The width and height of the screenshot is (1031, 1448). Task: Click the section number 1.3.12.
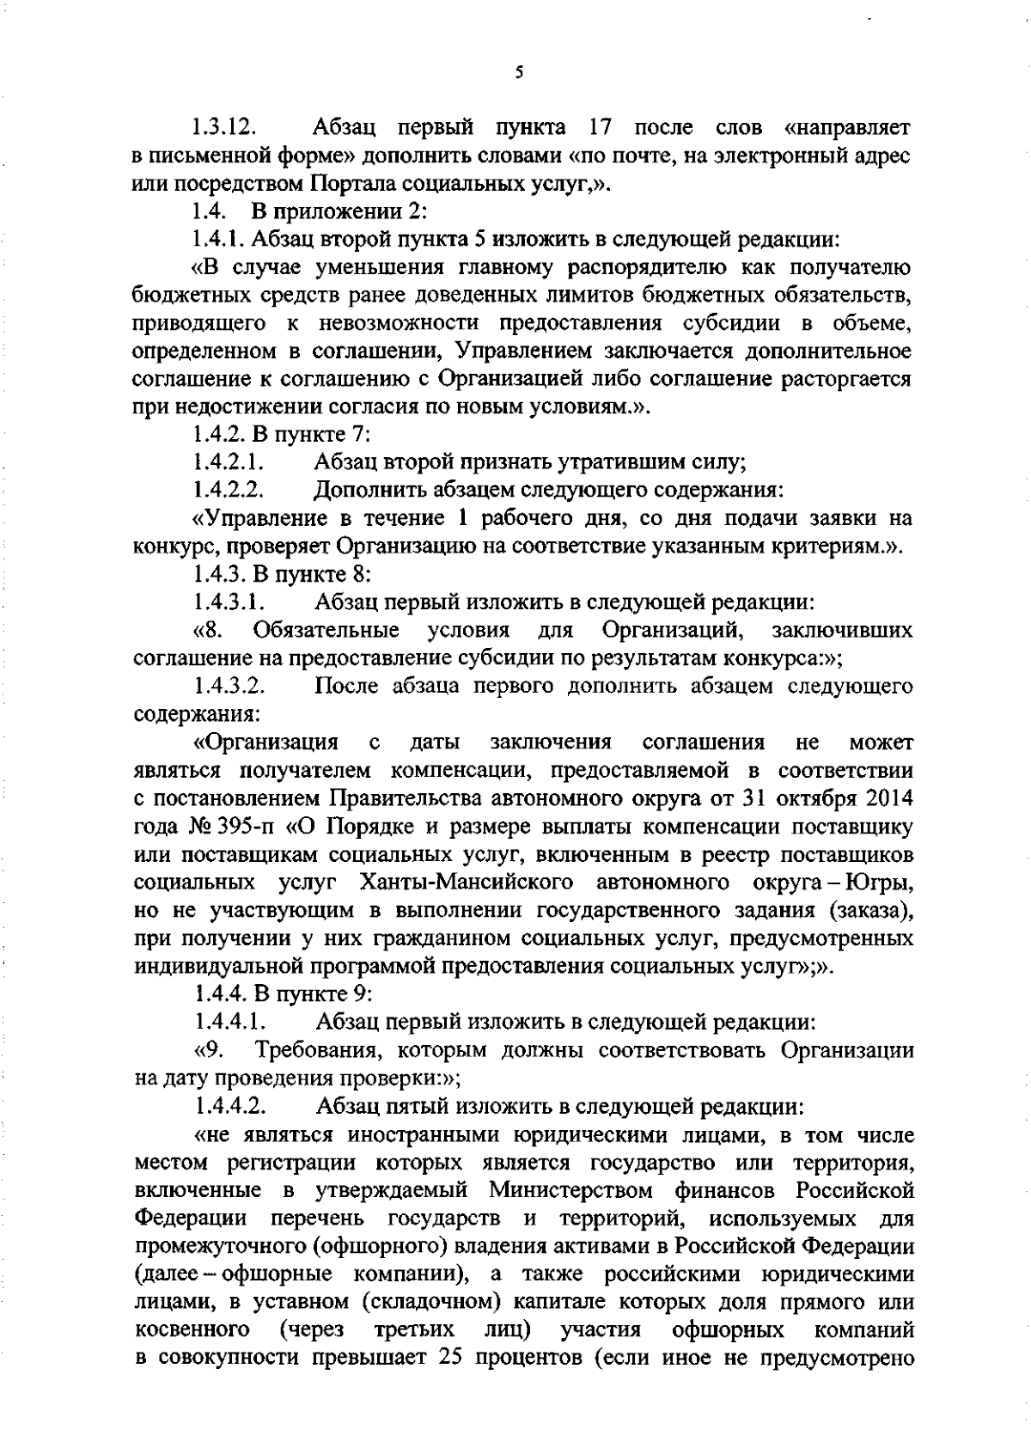coord(224,129)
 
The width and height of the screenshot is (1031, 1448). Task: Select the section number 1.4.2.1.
coord(228,462)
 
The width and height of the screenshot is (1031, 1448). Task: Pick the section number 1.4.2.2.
coord(228,491)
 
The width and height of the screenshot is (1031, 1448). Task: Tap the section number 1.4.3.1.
coord(228,602)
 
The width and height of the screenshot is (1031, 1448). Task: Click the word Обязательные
coord(327,631)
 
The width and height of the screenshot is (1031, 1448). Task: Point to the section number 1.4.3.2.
coord(229,687)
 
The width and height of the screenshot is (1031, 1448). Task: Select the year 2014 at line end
coord(886,798)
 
